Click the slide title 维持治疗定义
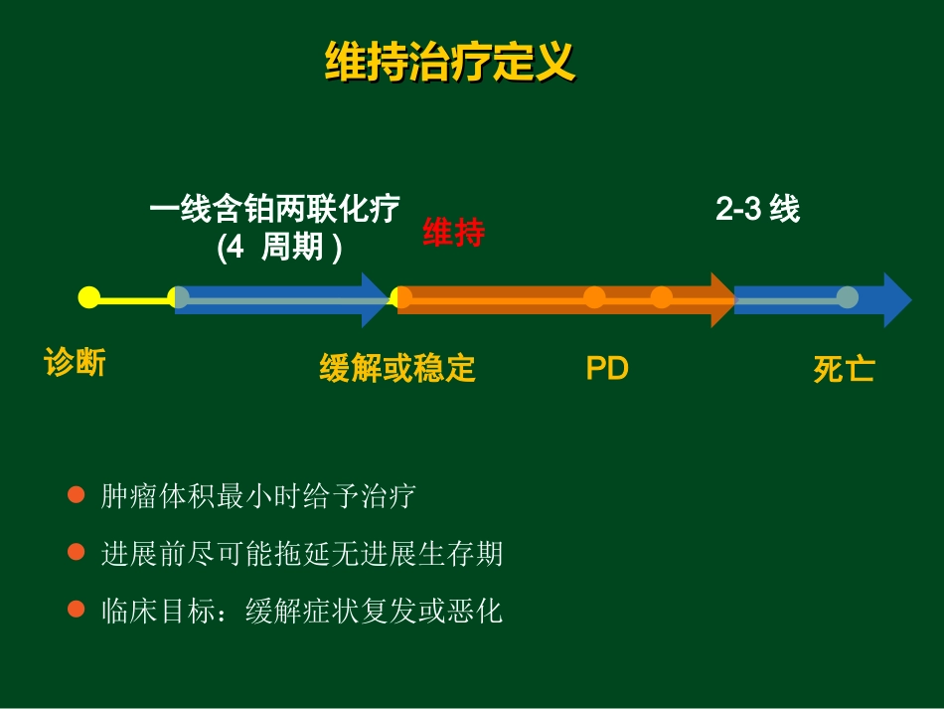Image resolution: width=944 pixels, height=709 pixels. [450, 62]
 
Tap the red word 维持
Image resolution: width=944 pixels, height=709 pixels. [453, 233]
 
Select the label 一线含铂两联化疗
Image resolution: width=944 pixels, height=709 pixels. [274, 209]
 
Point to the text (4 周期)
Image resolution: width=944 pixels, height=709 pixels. [279, 247]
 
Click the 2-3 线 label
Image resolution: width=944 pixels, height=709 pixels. [757, 209]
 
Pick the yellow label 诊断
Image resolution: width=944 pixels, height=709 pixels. [75, 363]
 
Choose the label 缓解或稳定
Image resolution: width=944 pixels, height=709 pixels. [397, 368]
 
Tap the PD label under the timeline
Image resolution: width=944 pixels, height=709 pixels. [607, 368]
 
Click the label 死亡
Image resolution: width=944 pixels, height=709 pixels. [844, 369]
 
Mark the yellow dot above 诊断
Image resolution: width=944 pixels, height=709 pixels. [88, 297]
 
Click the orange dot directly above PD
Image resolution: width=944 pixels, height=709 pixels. [594, 297]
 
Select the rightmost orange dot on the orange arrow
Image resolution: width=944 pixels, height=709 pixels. [662, 297]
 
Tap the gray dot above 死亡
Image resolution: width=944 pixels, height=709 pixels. [847, 297]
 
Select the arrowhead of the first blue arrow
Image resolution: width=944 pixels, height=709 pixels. [375, 298]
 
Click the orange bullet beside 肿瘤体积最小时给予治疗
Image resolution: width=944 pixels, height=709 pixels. [76, 494]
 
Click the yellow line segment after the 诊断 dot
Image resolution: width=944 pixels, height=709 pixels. [134, 298]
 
